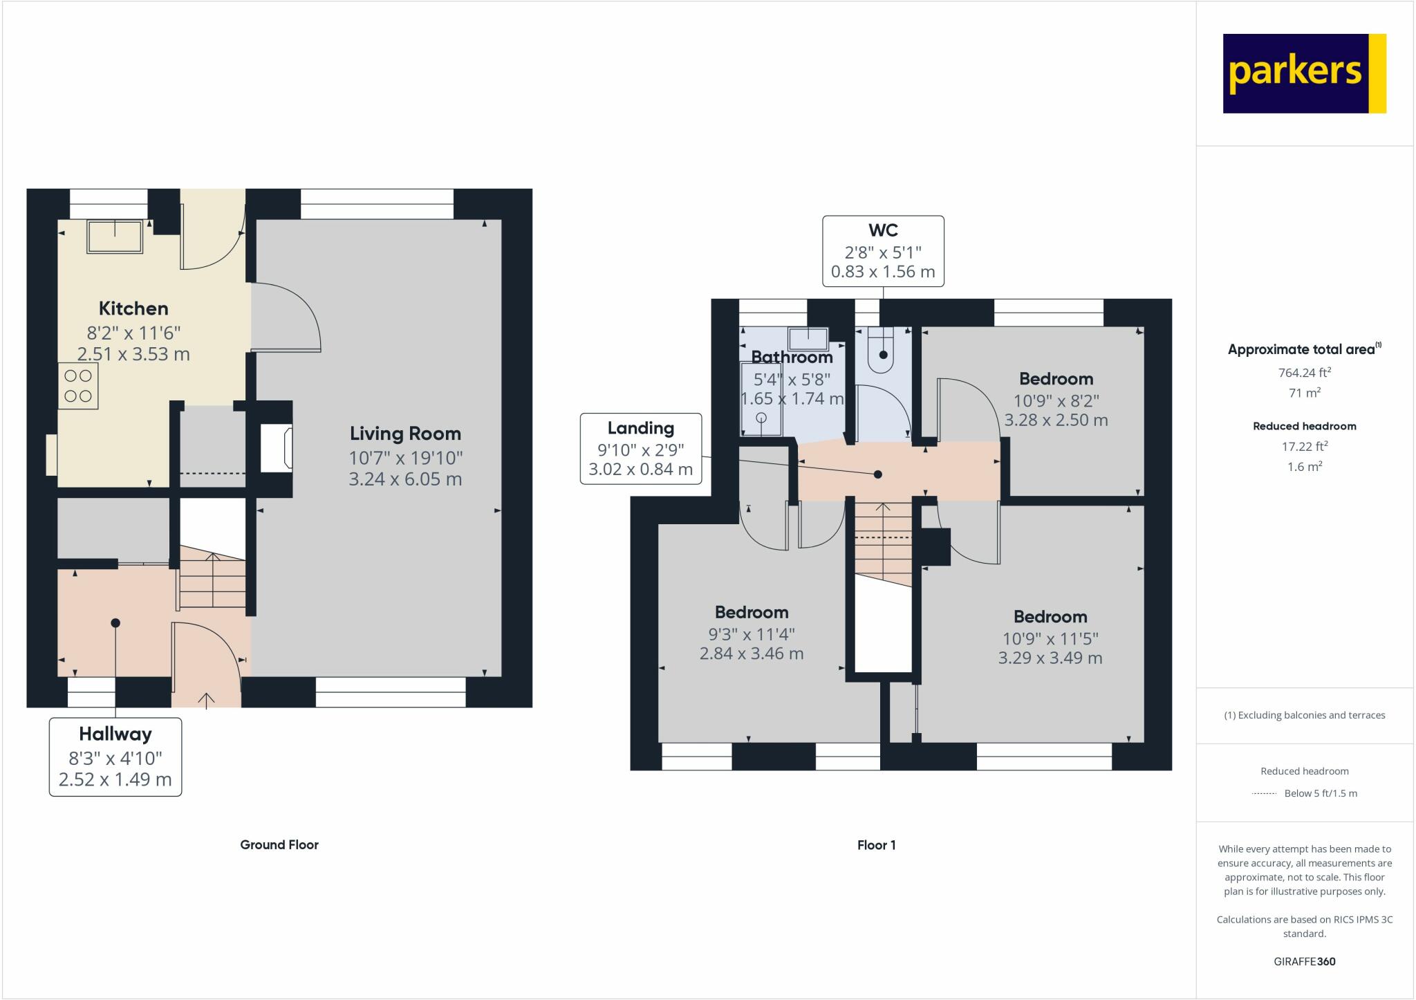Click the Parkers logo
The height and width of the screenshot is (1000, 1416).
point(1304,73)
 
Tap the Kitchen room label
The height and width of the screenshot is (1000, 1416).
point(133,308)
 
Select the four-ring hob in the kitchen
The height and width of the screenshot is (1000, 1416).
point(78,386)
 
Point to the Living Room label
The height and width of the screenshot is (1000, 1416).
point(405,434)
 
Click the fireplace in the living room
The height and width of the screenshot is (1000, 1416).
point(277,449)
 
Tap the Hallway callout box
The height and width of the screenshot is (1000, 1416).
point(115,757)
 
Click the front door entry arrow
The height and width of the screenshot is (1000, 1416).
point(206,699)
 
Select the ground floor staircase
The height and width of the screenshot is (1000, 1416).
point(212,580)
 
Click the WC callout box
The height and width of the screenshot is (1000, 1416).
point(883,250)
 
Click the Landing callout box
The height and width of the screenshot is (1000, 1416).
point(641,448)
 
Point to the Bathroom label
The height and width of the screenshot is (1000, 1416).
point(792,358)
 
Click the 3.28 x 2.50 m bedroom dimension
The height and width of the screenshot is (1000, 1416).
point(1056,420)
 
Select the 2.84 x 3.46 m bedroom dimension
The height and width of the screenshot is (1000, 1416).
point(752,654)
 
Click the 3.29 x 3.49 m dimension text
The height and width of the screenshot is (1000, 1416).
point(1050,658)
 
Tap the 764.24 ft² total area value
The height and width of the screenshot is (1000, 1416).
point(1304,373)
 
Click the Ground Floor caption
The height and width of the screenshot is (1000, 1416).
point(279,844)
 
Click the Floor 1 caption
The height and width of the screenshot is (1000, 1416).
point(876,844)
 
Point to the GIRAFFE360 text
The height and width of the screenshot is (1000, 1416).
point(1304,961)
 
